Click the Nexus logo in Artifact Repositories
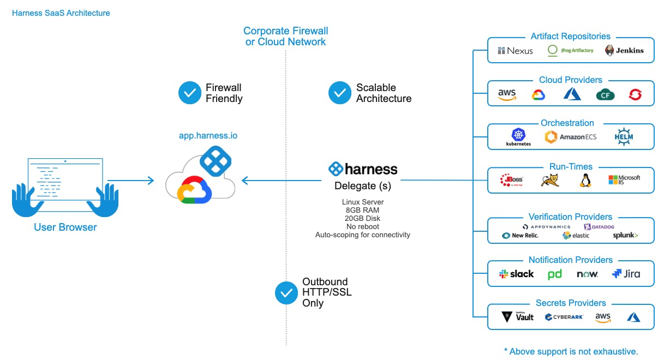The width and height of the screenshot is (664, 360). point(515,51)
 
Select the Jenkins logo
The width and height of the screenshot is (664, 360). point(624,51)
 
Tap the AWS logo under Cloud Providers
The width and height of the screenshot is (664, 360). point(507,94)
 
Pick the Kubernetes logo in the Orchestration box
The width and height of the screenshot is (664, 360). point(518,137)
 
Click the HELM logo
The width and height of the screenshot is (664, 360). point(623,136)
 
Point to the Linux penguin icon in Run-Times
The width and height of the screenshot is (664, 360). point(585,181)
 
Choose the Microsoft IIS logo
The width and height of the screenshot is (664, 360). point(624,180)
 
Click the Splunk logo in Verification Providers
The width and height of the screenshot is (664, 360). point(625,236)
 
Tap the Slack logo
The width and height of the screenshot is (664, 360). point(516,274)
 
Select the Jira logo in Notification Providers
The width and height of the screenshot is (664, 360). point(626,274)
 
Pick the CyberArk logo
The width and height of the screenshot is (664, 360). point(565,317)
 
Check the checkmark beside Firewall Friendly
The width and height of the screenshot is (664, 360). point(190,93)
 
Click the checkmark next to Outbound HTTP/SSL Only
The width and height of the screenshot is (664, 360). point(286,293)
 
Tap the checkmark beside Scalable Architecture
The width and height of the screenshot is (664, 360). point(340,93)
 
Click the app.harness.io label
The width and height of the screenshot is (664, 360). point(208,136)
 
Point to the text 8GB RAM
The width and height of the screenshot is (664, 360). point(362,210)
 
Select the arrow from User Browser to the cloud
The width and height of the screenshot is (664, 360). point(131,181)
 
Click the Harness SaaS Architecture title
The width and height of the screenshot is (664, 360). point(61,13)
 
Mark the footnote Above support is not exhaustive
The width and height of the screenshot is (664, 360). point(571,351)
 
